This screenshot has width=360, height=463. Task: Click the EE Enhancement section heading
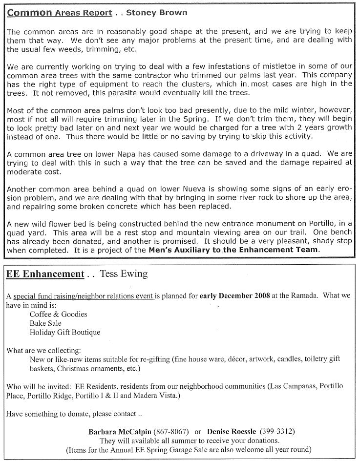tap(45, 274)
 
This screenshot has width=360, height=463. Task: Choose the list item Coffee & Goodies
tap(58, 315)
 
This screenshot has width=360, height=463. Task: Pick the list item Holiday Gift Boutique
tap(64, 332)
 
